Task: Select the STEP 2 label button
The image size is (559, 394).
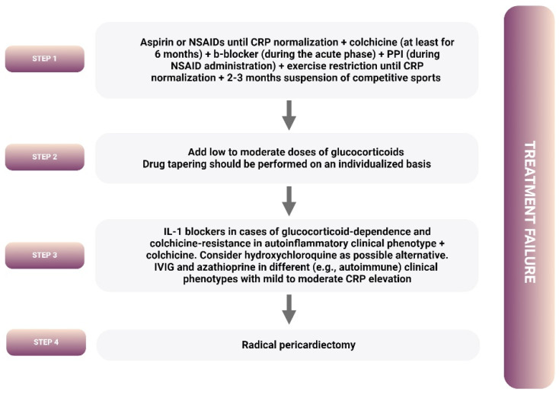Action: (43, 157)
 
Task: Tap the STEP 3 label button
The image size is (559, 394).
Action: (43, 256)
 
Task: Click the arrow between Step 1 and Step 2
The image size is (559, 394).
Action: (288, 116)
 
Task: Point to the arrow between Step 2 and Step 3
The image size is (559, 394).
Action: (288, 201)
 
